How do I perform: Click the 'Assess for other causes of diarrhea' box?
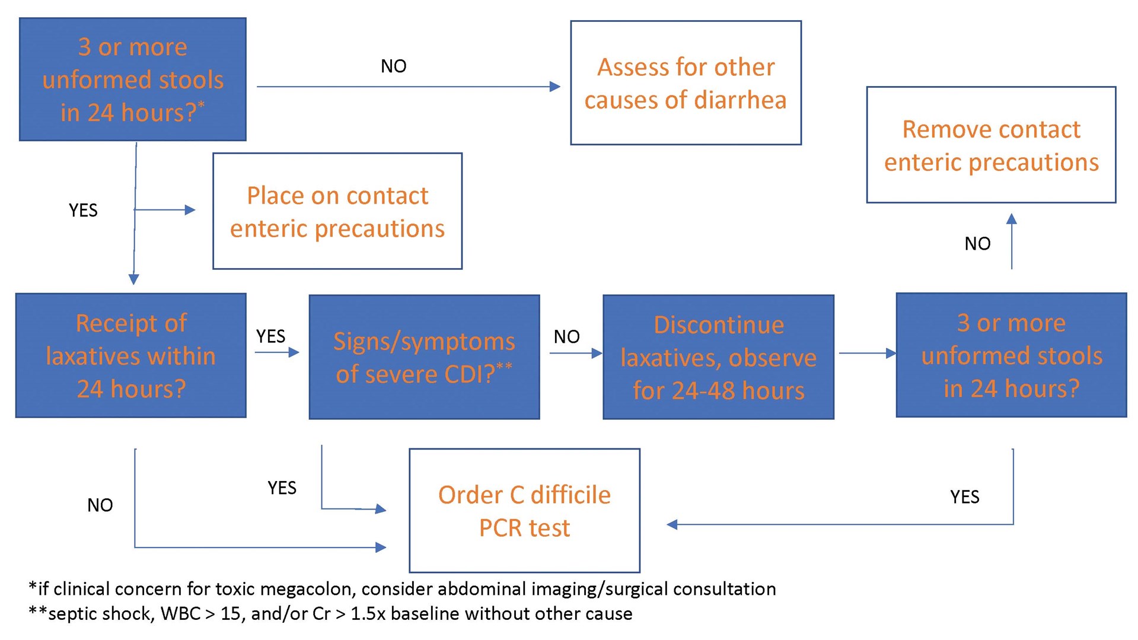coord(686,83)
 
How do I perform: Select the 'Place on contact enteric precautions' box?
coord(337,211)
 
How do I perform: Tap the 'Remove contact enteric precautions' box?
coord(991,145)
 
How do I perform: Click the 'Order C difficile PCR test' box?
coord(524,511)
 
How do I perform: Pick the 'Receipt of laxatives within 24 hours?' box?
coord(130,356)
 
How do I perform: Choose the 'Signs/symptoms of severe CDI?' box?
coord(424,357)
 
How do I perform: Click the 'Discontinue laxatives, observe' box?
coord(718,357)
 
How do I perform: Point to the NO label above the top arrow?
coord(393,66)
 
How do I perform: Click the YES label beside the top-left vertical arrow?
coord(83,211)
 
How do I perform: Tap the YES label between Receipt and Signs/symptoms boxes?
coord(270,336)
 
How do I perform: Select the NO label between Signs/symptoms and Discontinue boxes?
coord(566,337)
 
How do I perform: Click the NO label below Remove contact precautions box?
coord(977,244)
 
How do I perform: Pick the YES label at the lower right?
coord(964,497)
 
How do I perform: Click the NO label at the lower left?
coord(100,505)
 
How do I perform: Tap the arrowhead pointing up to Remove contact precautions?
coord(1012,219)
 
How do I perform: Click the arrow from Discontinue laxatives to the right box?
coord(866,354)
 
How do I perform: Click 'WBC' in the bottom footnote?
coord(180,614)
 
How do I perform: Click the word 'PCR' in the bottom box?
coord(500,528)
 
